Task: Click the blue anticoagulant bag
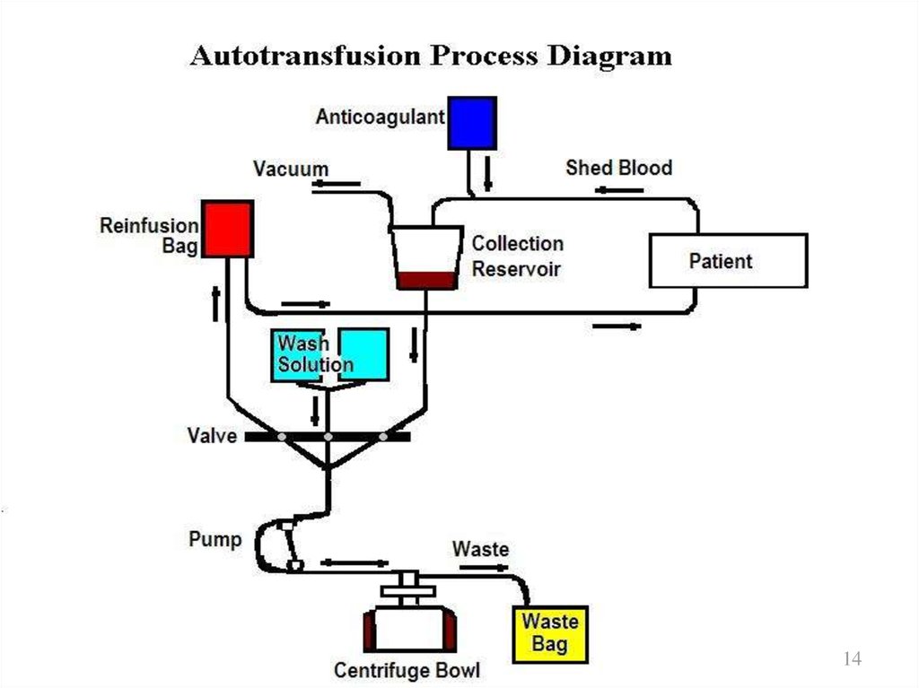[x=472, y=123]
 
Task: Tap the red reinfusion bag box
[x=227, y=230]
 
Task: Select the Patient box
[x=728, y=261]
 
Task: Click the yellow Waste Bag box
[x=550, y=632]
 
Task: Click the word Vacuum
[x=290, y=169]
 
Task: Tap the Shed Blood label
[x=618, y=168]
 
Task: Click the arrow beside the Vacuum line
[x=337, y=185]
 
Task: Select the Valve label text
[x=212, y=436]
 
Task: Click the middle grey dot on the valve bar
[x=328, y=437]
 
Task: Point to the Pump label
[x=214, y=540]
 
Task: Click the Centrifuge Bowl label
[x=407, y=670]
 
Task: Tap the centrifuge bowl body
[x=409, y=629]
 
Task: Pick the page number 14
[x=852, y=659]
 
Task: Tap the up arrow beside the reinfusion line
[x=216, y=304]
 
